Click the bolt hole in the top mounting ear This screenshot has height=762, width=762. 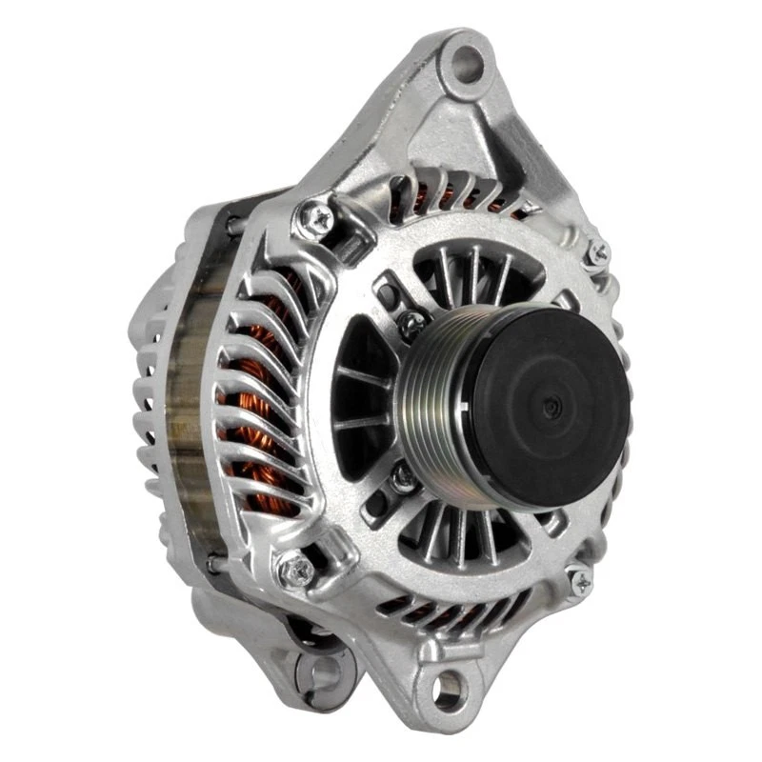(x=466, y=62)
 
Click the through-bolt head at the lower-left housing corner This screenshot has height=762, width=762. (x=296, y=570)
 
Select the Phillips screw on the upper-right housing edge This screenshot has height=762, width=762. (x=598, y=252)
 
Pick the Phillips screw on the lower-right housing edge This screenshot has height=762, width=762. (x=579, y=580)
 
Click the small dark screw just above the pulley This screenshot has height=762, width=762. (x=411, y=323)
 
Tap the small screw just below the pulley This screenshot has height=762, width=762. (x=404, y=477)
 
